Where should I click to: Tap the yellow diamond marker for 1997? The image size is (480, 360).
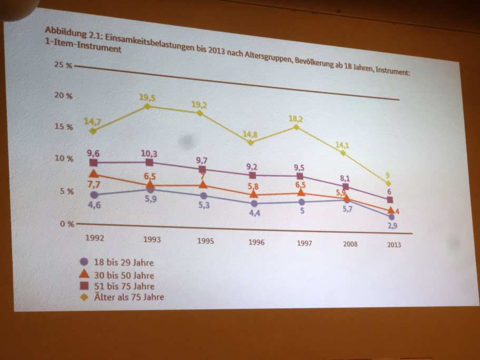(x=297, y=127)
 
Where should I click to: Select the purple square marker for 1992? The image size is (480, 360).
(x=94, y=163)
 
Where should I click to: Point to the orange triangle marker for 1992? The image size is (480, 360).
(x=94, y=174)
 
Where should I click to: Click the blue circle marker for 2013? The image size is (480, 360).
(x=391, y=217)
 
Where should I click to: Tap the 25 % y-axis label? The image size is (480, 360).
(x=63, y=65)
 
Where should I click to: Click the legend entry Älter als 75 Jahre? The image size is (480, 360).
(x=130, y=297)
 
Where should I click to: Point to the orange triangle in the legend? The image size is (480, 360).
(x=84, y=274)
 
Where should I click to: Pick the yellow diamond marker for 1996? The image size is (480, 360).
(x=251, y=142)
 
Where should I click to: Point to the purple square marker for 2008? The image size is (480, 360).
(x=346, y=187)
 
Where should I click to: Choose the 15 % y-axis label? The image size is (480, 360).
(x=63, y=127)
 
